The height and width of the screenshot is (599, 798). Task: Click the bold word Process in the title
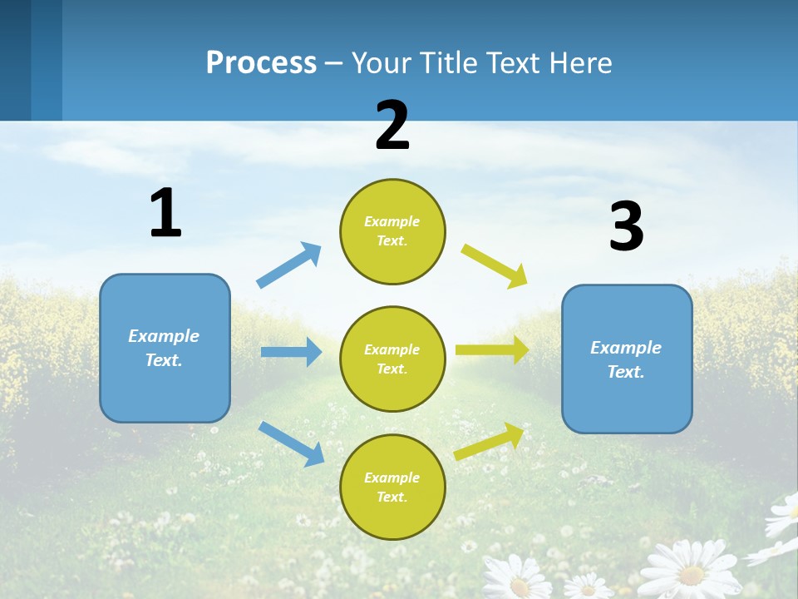[261, 62]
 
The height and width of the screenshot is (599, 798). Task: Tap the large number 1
[165, 213]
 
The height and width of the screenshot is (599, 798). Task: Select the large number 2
[392, 125]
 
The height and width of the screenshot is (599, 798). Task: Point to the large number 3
[626, 226]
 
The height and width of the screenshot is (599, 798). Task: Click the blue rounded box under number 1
[165, 348]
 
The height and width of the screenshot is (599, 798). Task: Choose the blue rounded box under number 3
[627, 359]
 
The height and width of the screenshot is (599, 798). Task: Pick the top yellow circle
[392, 231]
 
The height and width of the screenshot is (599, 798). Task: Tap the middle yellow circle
[392, 359]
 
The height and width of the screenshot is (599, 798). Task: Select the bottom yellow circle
[392, 487]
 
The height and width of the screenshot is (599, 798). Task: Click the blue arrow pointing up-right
[288, 265]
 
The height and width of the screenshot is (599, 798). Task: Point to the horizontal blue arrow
[291, 352]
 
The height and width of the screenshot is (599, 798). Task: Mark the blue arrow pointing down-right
[291, 443]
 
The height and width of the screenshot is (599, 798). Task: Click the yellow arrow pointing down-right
[495, 266]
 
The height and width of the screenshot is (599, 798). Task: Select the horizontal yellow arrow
[491, 349]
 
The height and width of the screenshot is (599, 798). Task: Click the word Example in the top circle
[392, 221]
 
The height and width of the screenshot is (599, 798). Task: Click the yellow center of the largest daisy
[691, 574]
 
